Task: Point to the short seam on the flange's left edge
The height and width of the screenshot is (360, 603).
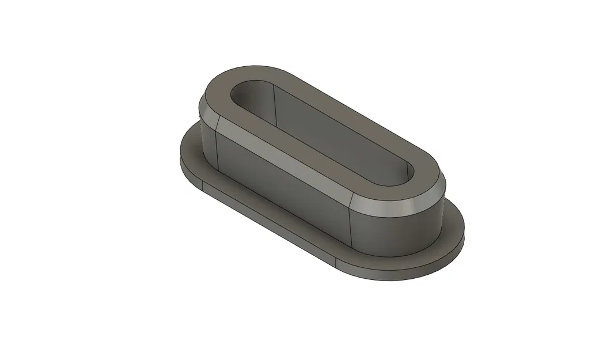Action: coord(204,186)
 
